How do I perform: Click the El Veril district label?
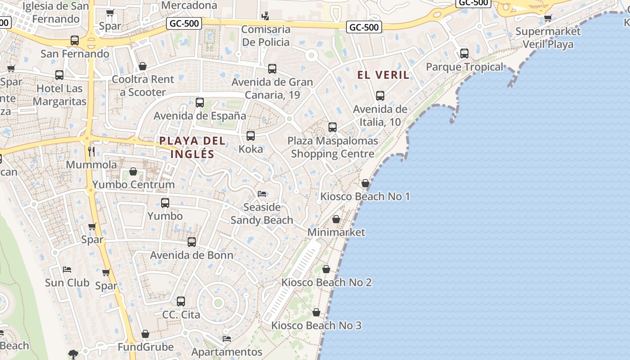click(383, 75)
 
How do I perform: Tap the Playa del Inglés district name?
click(192, 147)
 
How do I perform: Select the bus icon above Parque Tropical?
click(464, 54)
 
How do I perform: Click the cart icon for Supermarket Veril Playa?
click(548, 18)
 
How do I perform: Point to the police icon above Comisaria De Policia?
click(265, 16)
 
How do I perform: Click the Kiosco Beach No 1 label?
click(365, 197)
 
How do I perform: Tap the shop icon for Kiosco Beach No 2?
click(326, 269)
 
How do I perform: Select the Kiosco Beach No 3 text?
click(316, 325)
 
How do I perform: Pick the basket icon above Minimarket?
click(336, 219)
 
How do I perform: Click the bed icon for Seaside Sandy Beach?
click(262, 194)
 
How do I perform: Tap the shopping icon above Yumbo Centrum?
click(133, 171)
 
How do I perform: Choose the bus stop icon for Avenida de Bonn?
click(192, 242)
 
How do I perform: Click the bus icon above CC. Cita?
click(181, 301)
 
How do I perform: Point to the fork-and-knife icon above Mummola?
click(91, 151)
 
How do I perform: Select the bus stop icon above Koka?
click(251, 136)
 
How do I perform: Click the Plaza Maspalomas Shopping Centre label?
click(333, 147)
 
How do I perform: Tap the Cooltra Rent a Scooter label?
click(143, 85)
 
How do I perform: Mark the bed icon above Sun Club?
click(67, 270)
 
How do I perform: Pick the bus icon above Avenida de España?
click(200, 103)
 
